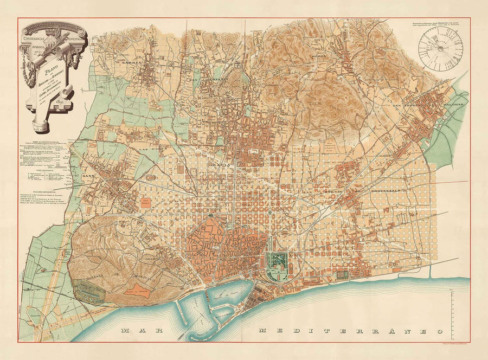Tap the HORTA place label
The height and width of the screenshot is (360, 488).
click(x=318, y=56)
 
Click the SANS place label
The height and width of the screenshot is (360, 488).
click(x=88, y=176)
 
